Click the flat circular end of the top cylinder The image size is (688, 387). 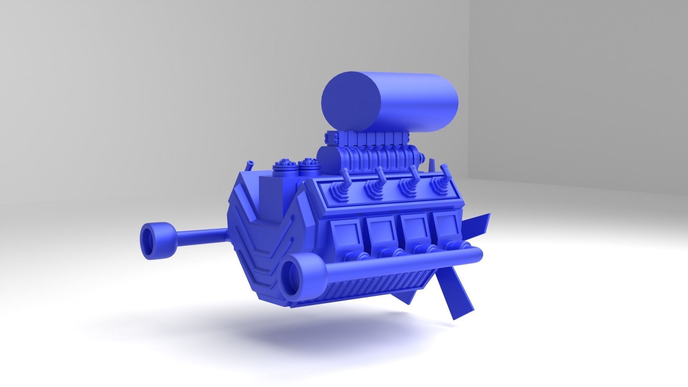(351, 103)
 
